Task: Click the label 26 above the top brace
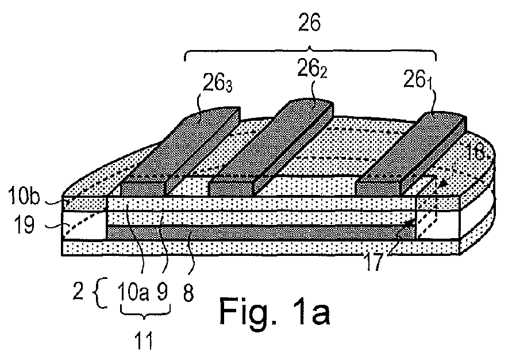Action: (309, 23)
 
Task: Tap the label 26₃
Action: (218, 83)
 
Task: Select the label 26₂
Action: (312, 69)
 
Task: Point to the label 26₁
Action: (418, 80)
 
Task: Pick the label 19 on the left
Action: (24, 225)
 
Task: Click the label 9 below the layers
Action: (162, 292)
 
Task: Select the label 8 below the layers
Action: (188, 293)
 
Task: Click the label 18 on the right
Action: (476, 152)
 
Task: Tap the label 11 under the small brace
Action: (144, 340)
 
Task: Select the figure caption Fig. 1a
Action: (275, 311)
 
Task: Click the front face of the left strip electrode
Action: (143, 189)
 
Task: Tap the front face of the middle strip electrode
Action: (232, 189)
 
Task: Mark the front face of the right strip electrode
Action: (379, 189)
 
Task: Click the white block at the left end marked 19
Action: (85, 225)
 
